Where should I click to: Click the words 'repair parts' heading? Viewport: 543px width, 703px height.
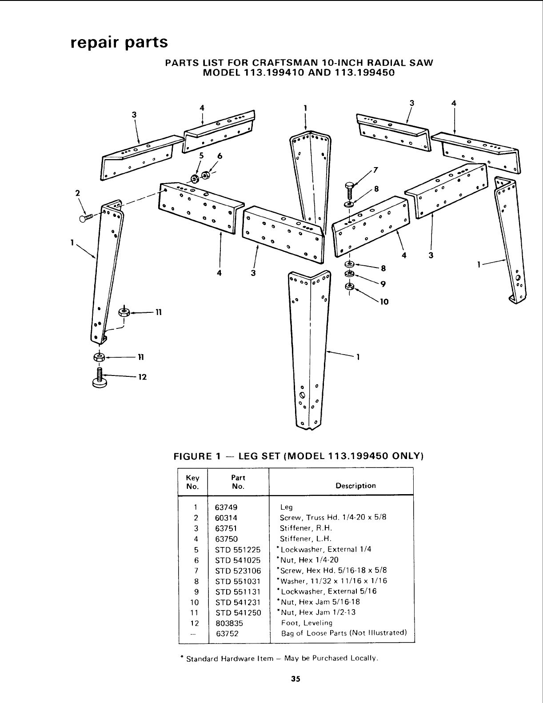click(119, 43)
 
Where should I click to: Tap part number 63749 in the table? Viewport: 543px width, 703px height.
click(226, 507)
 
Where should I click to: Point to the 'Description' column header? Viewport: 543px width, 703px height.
click(355, 486)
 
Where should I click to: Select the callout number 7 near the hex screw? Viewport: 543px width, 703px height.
click(376, 169)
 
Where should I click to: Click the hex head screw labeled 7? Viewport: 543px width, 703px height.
click(350, 189)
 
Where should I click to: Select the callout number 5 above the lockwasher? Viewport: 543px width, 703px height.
click(201, 156)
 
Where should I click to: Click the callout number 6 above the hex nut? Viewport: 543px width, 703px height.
click(219, 156)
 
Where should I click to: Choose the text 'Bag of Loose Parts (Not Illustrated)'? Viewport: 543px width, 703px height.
click(344, 633)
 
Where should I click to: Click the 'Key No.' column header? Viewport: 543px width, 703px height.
click(192, 482)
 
